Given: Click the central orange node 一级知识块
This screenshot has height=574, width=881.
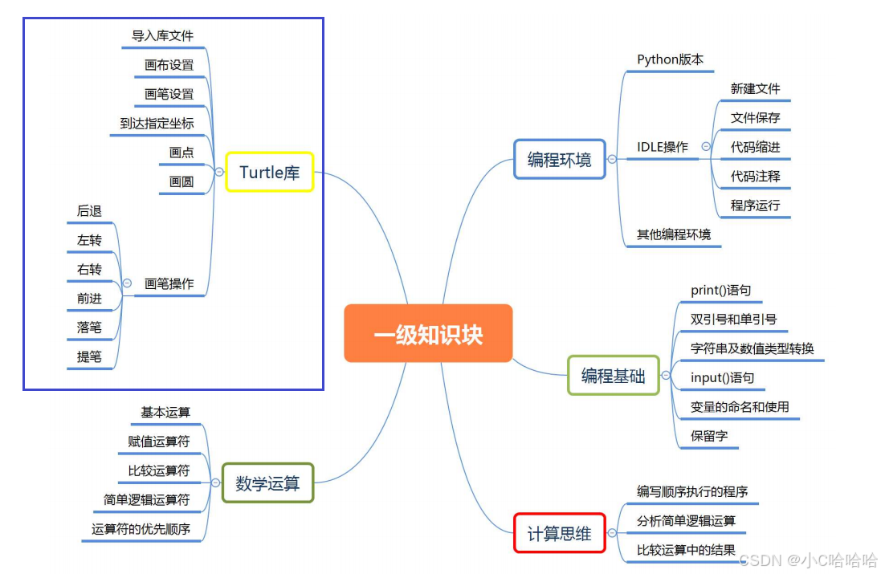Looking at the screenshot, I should click(x=428, y=333).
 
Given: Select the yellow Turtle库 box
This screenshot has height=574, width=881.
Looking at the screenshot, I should click(x=269, y=172).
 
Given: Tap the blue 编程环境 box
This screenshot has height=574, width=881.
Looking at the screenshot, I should click(x=559, y=159).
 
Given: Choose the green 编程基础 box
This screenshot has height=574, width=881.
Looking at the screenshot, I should click(x=613, y=375).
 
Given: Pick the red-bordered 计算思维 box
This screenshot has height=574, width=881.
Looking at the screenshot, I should click(x=559, y=533).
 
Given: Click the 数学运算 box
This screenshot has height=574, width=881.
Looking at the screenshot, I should click(x=267, y=483).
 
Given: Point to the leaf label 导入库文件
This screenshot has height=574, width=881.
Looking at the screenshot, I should click(x=163, y=36).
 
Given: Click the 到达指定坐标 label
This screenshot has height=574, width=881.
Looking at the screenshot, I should click(x=157, y=124).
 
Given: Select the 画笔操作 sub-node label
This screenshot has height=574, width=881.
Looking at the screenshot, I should click(x=169, y=284).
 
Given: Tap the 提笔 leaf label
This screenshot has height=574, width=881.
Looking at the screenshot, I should click(x=89, y=357).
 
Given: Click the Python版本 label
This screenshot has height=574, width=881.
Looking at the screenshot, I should click(x=670, y=59).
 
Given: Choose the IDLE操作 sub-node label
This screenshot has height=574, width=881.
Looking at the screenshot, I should click(x=662, y=147).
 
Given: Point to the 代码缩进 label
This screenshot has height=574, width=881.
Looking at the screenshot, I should click(x=755, y=147).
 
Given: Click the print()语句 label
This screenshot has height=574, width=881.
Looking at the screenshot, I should click(x=720, y=290).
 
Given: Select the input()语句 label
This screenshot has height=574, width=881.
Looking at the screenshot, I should click(x=722, y=377).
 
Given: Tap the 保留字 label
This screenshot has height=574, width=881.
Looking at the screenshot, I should click(x=709, y=436).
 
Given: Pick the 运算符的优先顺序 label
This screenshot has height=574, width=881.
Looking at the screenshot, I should click(x=141, y=529).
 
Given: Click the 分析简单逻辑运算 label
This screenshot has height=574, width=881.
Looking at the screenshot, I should click(x=686, y=521).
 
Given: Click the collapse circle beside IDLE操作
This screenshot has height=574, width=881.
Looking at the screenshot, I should click(x=705, y=147).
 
